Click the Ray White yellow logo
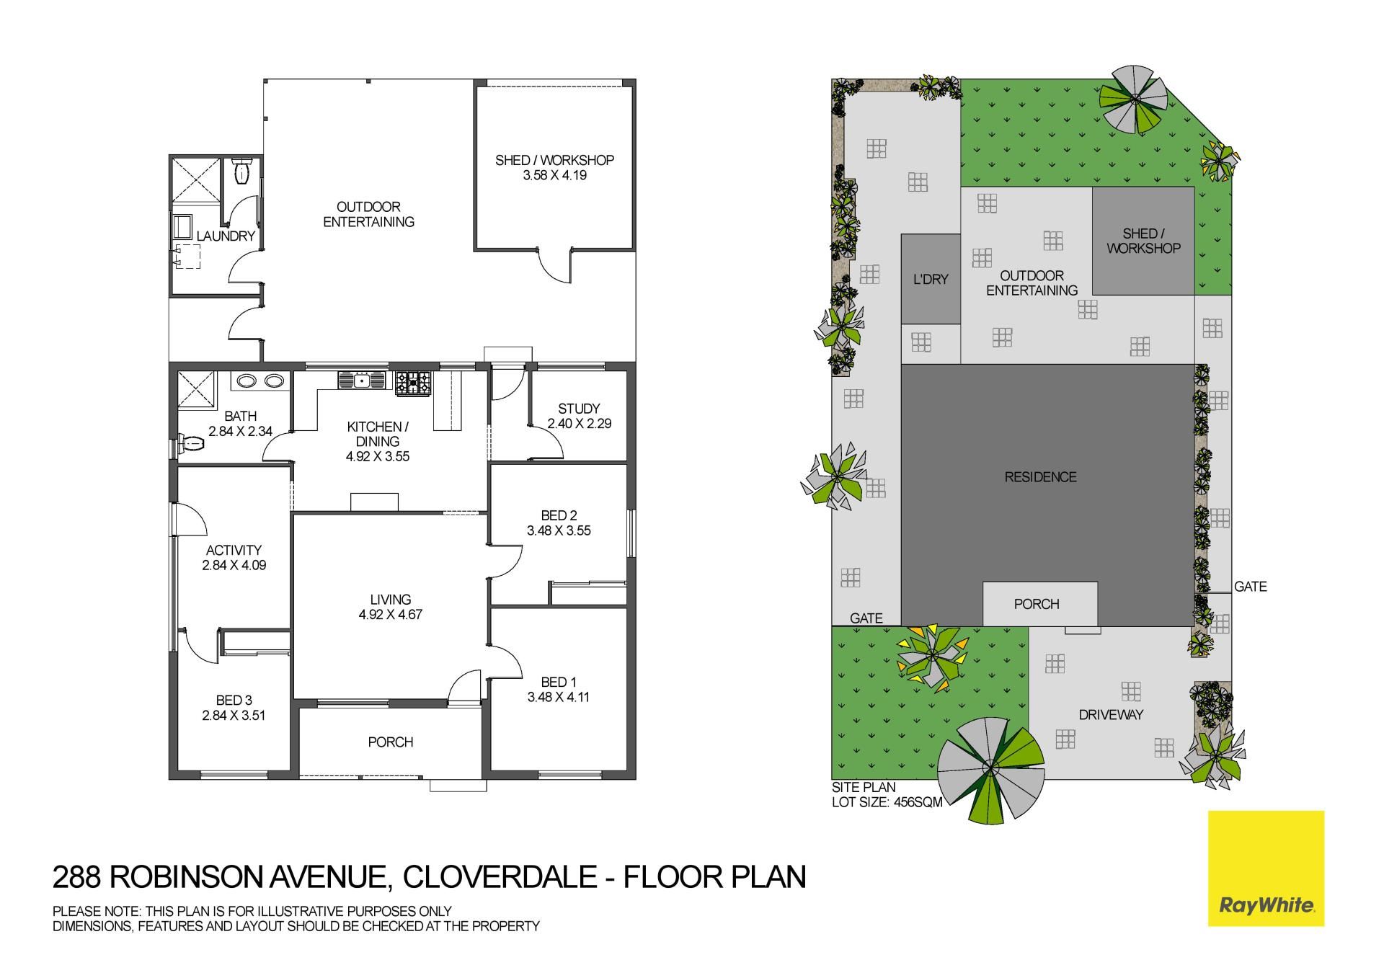(x=1266, y=868)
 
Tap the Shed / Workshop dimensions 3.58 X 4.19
(x=554, y=175)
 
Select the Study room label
(x=579, y=409)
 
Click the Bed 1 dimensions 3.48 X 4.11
(x=559, y=697)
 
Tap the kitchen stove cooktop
(x=413, y=381)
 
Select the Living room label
(x=390, y=600)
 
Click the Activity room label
(x=234, y=550)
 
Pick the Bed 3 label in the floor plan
(x=234, y=701)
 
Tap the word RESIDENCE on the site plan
(x=1040, y=477)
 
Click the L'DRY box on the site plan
(x=931, y=279)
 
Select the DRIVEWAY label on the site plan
(x=1111, y=715)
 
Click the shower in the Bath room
(x=197, y=389)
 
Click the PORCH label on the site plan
(x=1037, y=604)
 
